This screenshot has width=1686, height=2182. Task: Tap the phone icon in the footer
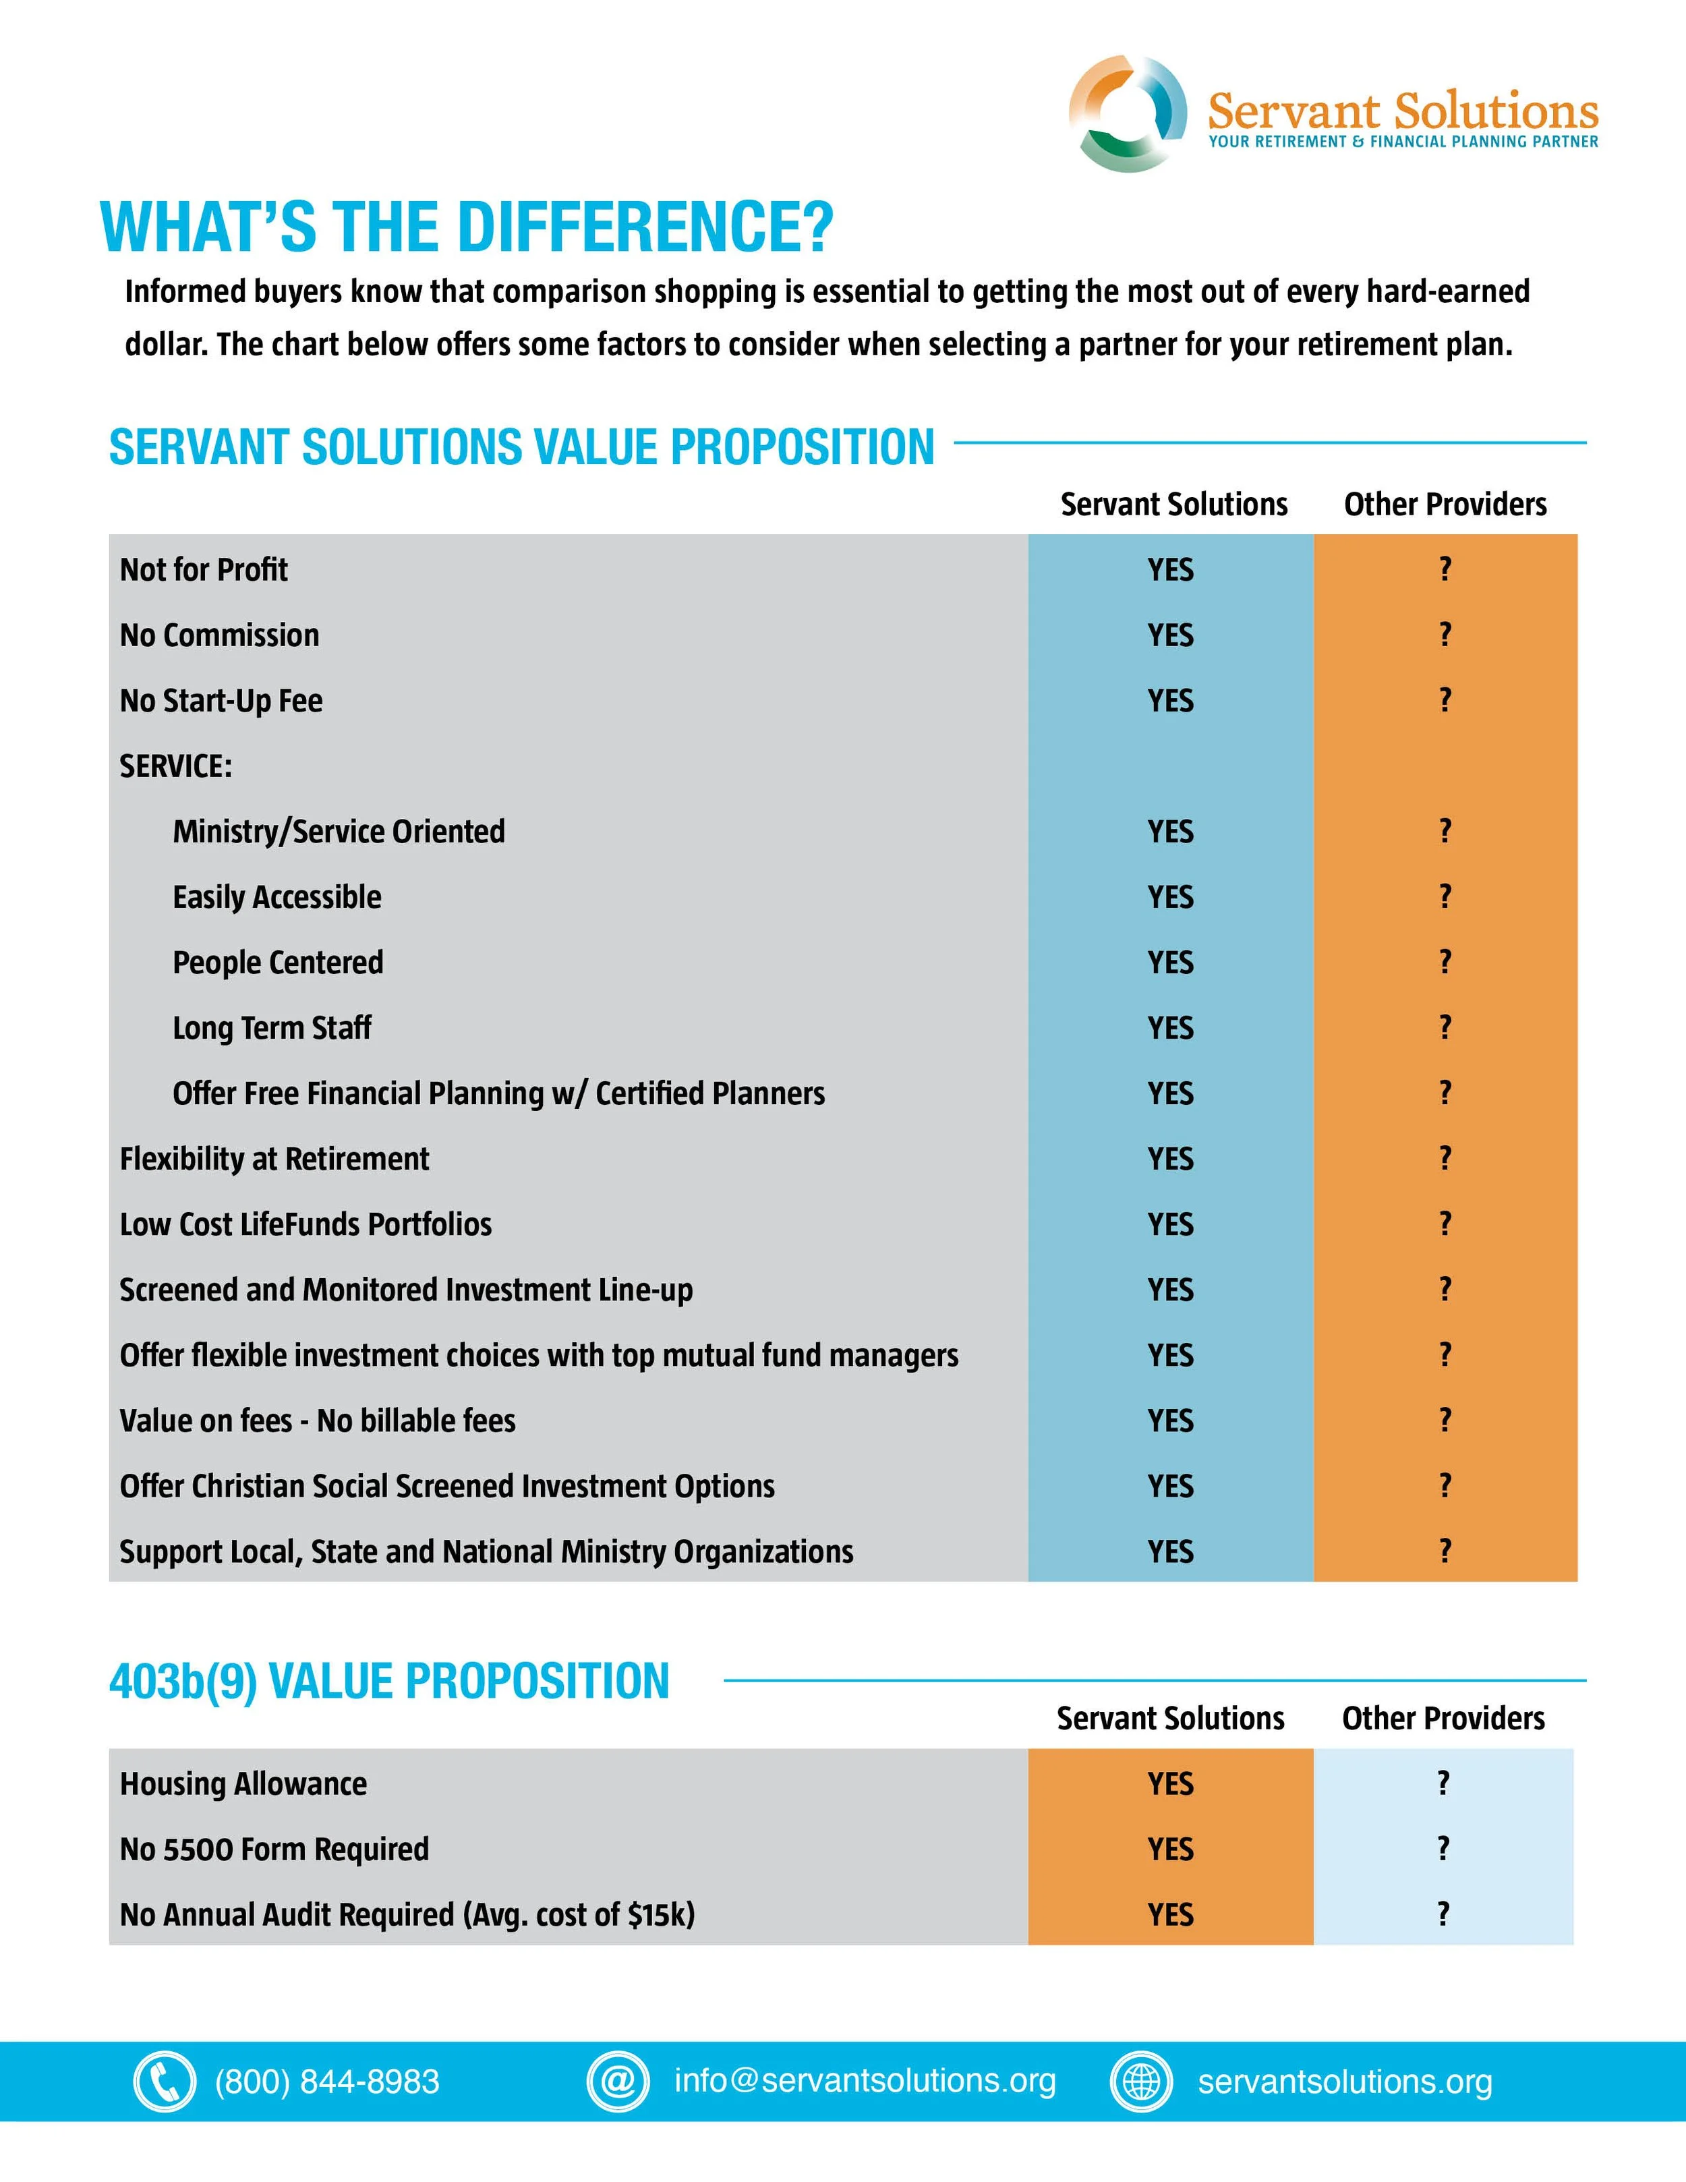164,2081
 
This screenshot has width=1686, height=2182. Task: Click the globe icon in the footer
1142,2081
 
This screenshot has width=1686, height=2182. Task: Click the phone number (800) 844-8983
326,2081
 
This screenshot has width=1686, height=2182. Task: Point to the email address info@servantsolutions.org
865,2080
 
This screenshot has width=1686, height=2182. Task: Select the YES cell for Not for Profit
1171,569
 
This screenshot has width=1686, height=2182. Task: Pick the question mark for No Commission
1445,635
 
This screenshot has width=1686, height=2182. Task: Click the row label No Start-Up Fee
221,700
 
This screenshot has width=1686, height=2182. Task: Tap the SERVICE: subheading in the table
176,766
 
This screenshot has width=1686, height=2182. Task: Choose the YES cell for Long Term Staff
1171,1028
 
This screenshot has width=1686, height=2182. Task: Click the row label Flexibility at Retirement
274,1159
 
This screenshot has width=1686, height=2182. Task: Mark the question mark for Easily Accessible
1445,896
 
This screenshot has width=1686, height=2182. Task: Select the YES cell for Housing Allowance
1171,1783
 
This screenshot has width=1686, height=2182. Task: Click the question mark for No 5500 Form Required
1443,1848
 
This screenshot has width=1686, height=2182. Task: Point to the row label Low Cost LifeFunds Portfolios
306,1224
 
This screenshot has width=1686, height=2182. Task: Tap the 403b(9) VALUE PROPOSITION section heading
390,1682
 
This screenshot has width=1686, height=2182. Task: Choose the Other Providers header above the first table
1445,505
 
